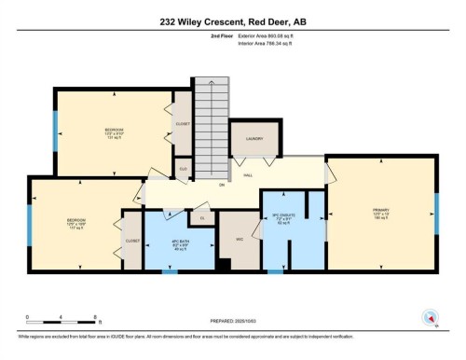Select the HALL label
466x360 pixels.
click(x=249, y=174)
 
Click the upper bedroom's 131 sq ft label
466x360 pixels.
click(x=114, y=139)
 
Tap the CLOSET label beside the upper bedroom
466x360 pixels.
click(x=183, y=124)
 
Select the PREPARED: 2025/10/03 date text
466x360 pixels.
click(x=233, y=323)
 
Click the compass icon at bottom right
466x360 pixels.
click(x=431, y=316)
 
